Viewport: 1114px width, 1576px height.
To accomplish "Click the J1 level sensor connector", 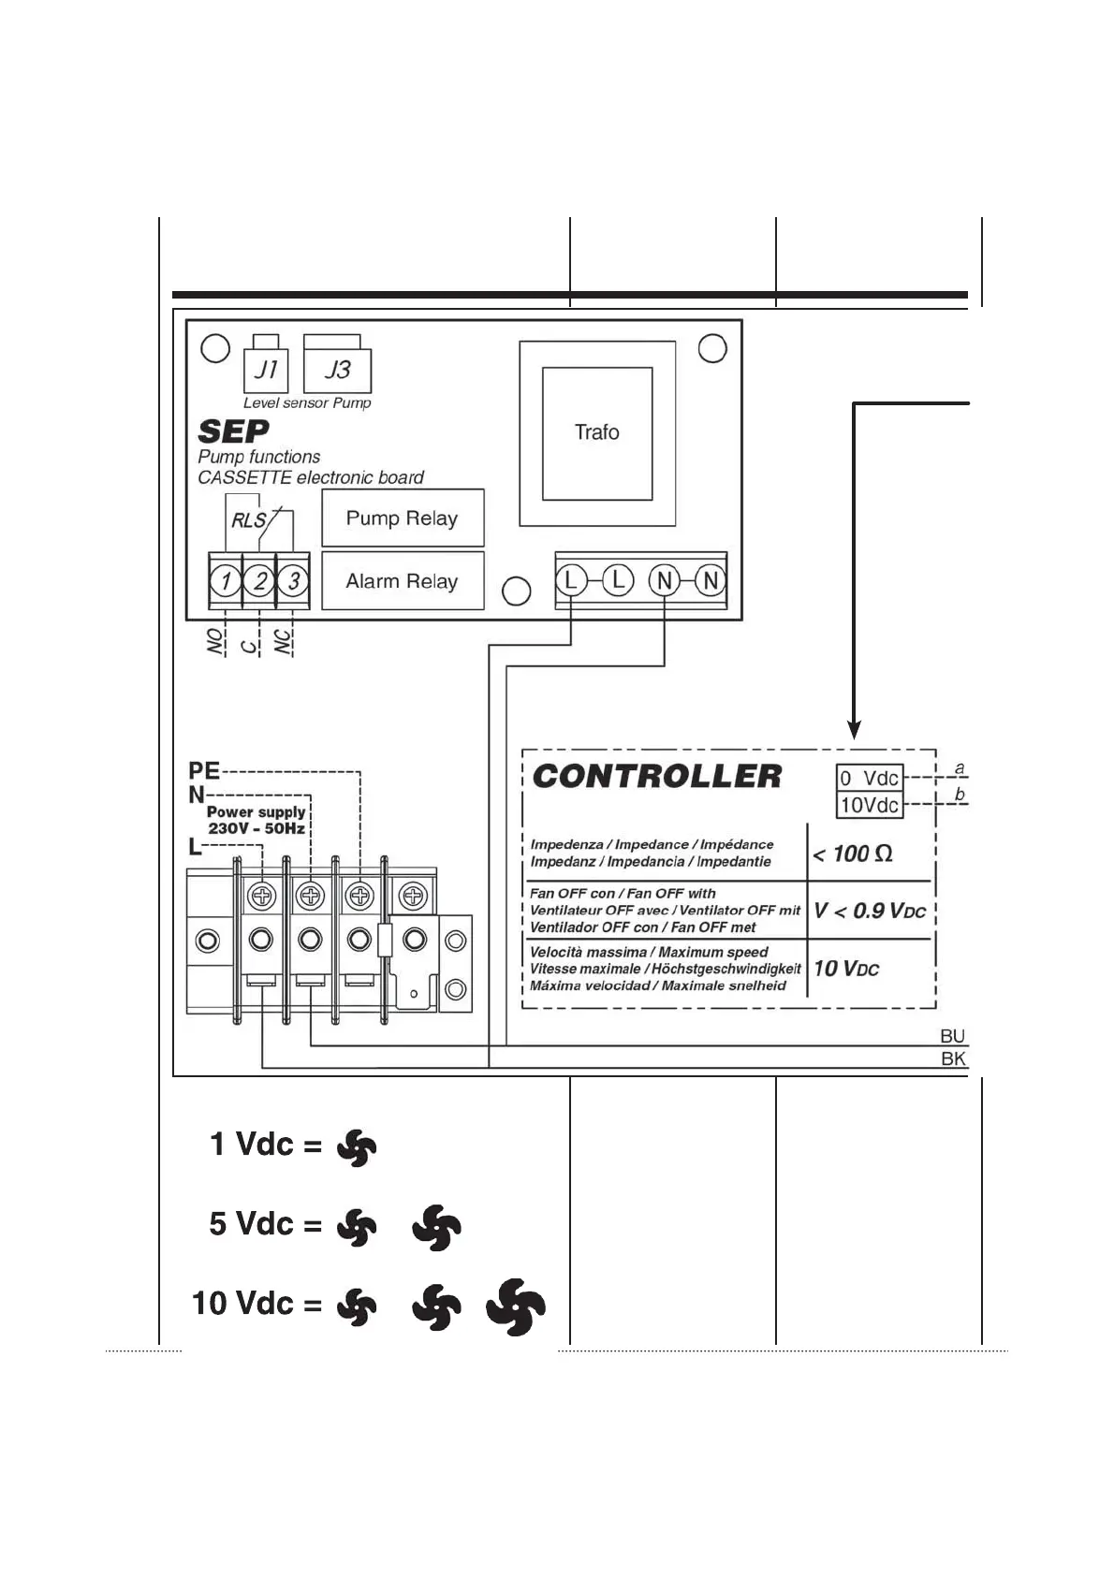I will tap(265, 370).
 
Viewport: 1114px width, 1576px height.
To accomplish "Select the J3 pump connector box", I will tap(337, 370).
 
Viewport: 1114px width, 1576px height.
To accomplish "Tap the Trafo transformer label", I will tap(597, 432).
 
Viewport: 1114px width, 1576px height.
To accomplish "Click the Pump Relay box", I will tap(403, 518).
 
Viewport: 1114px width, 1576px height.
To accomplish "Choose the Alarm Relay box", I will tap(403, 581).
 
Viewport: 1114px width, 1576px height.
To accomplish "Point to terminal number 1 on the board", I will tap(226, 581).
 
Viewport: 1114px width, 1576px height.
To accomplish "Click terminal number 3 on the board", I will tap(294, 581).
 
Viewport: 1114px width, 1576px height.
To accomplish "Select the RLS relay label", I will tap(249, 520).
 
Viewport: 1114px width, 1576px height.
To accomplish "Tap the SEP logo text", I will tap(234, 431).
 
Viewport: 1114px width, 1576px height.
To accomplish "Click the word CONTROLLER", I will tap(657, 776).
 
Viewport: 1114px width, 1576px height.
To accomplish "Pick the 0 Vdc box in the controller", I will tap(870, 779).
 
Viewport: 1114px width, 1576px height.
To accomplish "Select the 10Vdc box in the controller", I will tap(870, 805).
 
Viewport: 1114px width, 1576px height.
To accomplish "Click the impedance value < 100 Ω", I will tap(853, 854).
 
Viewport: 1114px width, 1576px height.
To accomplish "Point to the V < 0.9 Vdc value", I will tap(870, 911).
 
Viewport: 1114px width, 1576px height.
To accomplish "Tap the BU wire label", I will tap(952, 1036).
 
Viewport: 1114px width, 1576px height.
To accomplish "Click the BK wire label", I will tap(953, 1058).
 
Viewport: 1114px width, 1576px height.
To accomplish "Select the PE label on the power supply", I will tap(204, 771).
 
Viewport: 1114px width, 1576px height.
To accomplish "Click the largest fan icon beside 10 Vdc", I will tap(516, 1306).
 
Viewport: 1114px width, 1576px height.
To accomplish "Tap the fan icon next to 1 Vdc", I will tap(357, 1147).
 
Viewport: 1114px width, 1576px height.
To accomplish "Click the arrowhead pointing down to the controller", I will tap(854, 730).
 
